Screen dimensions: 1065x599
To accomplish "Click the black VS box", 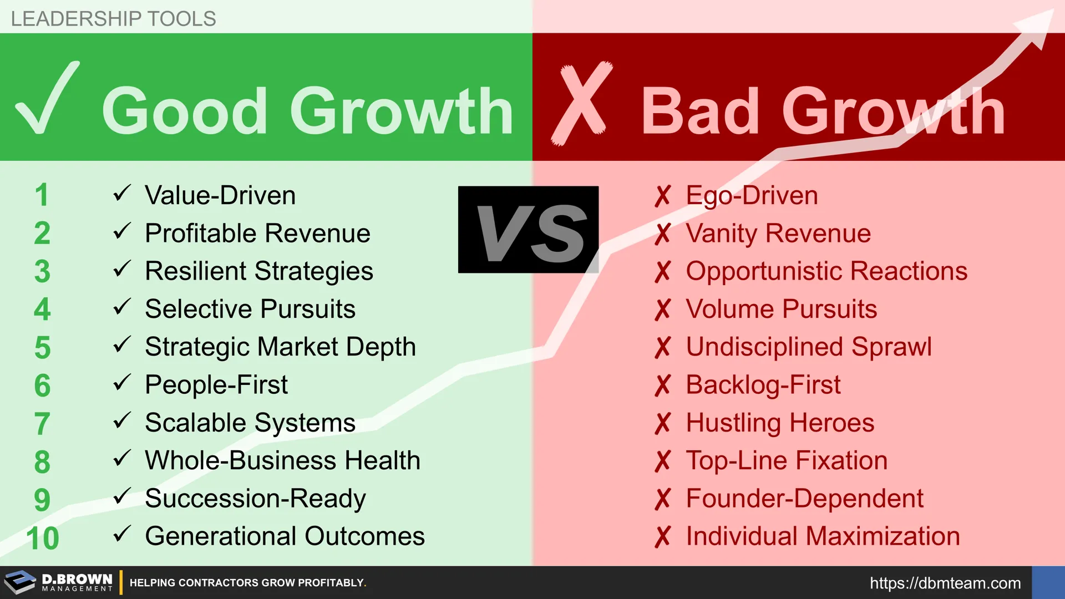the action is (x=528, y=229).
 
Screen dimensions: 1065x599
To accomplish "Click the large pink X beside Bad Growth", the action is (x=581, y=103).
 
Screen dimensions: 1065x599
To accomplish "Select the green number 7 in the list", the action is (x=42, y=424).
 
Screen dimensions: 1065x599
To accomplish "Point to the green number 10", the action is (x=43, y=538).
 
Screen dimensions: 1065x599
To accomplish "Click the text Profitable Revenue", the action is (x=257, y=233).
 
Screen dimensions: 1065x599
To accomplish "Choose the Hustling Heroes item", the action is (x=780, y=423).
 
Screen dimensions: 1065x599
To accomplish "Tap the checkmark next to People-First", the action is (x=122, y=382).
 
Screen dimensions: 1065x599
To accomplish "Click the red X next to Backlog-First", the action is (x=662, y=385).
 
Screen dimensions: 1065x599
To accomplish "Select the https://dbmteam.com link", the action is (x=945, y=583).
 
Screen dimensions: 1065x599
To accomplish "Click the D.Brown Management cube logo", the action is (x=20, y=582).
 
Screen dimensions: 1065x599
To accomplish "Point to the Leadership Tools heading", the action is (x=113, y=19).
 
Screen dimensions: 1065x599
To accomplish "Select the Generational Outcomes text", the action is (x=285, y=536).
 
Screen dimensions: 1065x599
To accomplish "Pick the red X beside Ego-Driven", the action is (x=662, y=196).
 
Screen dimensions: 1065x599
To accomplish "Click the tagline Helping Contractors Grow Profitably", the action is (x=248, y=583).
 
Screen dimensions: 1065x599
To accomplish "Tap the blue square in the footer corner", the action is (x=1048, y=582).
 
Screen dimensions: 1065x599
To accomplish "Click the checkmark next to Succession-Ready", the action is (x=122, y=496).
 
